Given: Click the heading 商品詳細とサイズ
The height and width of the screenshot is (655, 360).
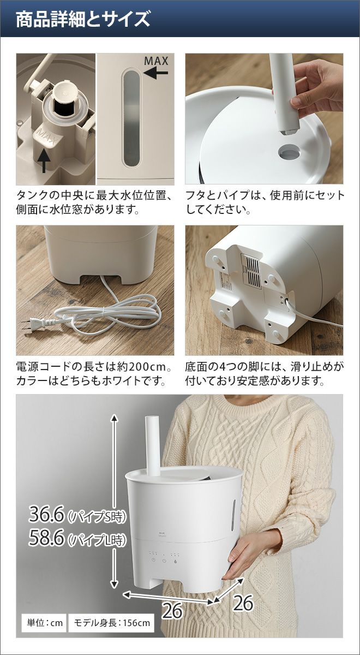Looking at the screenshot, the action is pyautogui.click(x=83, y=19).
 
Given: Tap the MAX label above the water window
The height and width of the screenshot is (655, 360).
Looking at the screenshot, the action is pyautogui.click(x=157, y=61).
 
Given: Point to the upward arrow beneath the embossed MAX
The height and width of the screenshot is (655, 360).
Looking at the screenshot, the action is pyautogui.click(x=44, y=160).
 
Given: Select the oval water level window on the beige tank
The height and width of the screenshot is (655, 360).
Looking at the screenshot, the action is pyautogui.click(x=131, y=118).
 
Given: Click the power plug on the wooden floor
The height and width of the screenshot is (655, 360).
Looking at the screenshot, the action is pyautogui.click(x=37, y=323).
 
